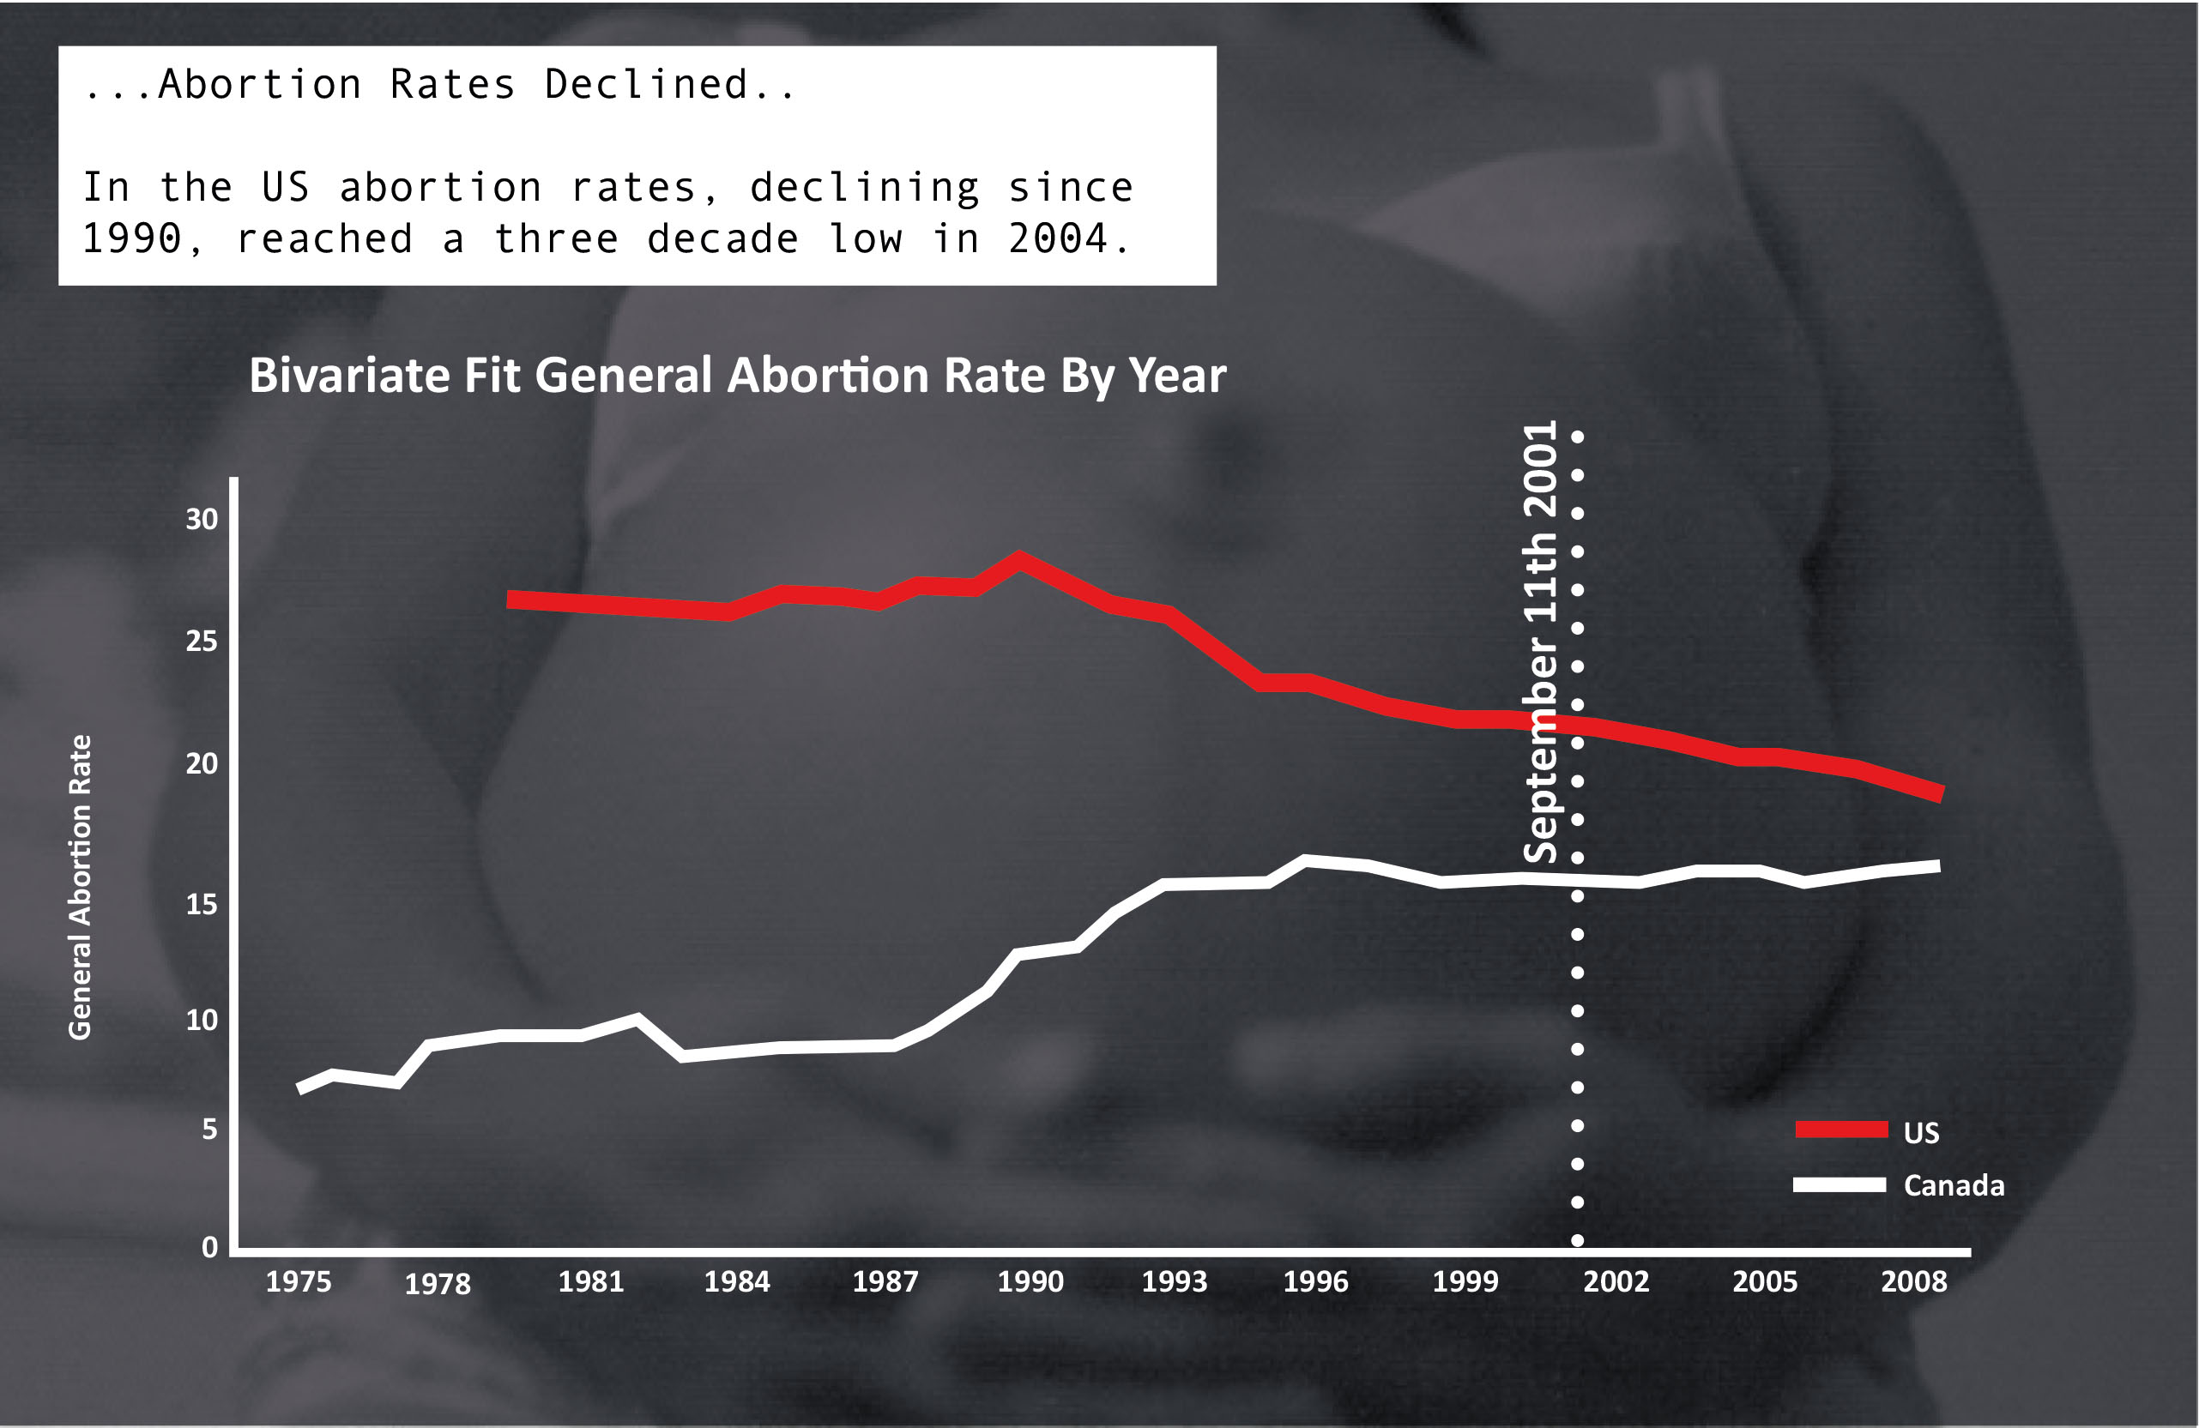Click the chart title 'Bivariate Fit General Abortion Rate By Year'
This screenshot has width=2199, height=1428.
737,376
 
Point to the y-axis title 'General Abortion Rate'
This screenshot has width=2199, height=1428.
81,887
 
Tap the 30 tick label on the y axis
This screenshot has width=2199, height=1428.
202,519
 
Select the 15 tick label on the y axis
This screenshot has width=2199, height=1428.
202,903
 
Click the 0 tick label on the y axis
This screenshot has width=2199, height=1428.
209,1247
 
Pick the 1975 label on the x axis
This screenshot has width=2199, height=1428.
298,1281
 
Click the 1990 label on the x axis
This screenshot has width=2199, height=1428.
1030,1281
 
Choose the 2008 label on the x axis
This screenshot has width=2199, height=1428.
1913,1281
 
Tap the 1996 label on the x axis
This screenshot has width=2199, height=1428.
1314,1281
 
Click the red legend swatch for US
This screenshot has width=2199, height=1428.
1840,1129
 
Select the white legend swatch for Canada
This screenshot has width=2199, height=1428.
1839,1185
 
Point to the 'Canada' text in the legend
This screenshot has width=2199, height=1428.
1954,1185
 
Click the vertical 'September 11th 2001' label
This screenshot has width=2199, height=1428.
1539,642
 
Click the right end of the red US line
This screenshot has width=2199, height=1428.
1940,793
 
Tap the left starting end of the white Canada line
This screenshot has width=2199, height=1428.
300,1089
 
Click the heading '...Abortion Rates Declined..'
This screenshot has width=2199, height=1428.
439,85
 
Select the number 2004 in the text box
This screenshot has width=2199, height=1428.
1058,239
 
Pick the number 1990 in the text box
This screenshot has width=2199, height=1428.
131,239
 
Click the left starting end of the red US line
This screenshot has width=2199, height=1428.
511,600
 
